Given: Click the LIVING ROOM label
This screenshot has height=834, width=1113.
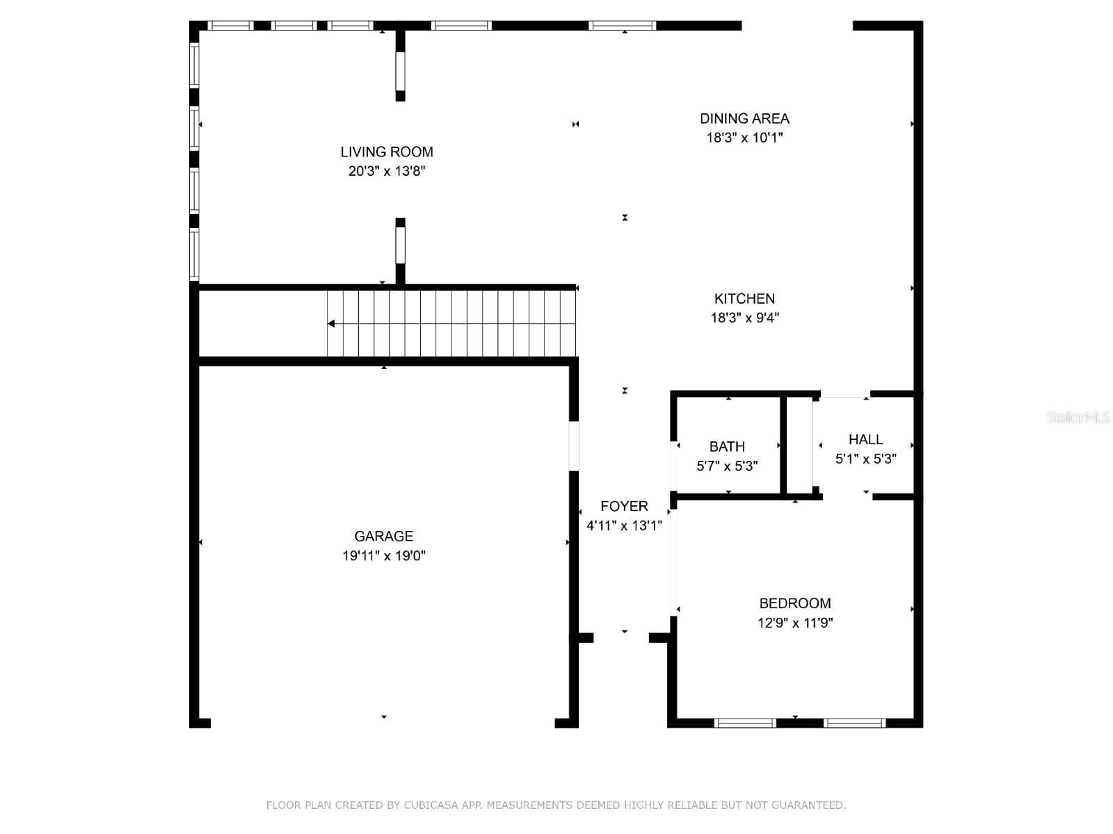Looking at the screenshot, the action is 386,152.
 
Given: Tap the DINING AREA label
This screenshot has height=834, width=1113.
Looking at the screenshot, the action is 744,118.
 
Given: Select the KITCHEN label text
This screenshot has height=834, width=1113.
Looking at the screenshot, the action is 744,299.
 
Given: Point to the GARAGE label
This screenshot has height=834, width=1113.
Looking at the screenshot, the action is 383,537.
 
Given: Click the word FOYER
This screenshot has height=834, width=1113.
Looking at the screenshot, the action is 624,507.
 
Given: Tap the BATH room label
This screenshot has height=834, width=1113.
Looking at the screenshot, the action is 727,447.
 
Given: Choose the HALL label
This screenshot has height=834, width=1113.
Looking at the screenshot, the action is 865,439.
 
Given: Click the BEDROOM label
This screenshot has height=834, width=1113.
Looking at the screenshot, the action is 795,603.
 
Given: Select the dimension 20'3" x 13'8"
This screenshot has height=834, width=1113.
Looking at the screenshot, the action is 386,171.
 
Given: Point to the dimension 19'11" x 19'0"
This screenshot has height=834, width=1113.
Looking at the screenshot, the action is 383,556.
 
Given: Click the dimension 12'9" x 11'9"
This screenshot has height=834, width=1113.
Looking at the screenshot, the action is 795,623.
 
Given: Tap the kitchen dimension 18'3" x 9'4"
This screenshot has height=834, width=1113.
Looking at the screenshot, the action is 744,318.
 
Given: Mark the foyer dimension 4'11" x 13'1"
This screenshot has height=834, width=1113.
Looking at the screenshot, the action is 624,525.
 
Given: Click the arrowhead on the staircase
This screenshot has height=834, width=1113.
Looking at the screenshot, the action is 330,324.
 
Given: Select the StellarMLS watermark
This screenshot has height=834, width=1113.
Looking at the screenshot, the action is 1078,418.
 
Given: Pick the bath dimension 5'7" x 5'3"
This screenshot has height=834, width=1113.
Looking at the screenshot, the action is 727,466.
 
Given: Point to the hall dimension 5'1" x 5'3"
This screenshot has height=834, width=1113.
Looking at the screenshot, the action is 865,459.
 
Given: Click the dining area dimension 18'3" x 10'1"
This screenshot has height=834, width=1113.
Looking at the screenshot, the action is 744,138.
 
